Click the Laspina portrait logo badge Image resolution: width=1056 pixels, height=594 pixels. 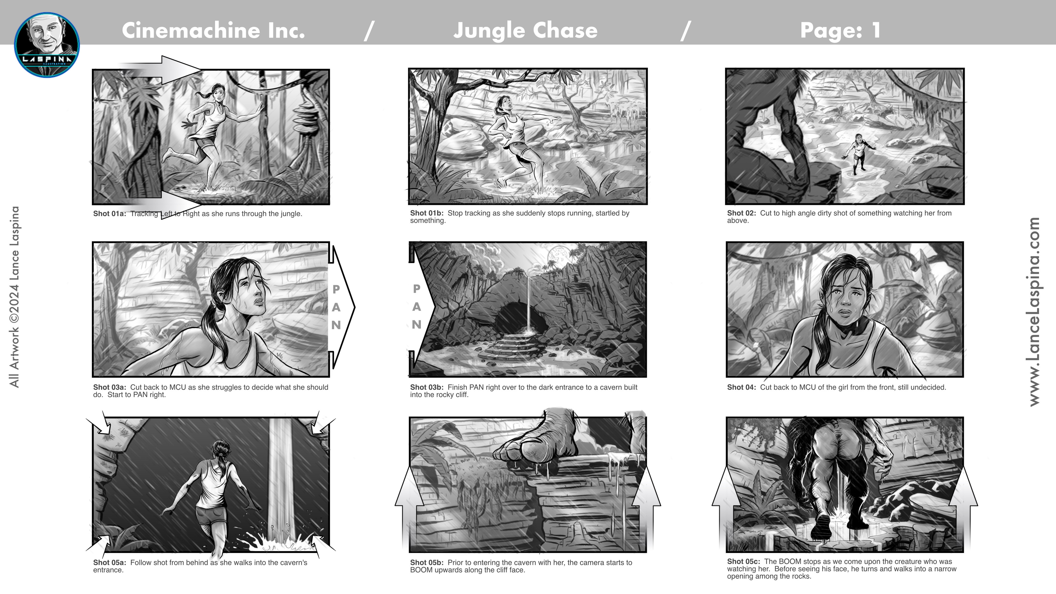[47, 45]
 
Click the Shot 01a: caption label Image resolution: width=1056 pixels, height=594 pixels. [109, 214]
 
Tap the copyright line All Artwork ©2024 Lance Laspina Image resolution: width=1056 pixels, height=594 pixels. [14, 297]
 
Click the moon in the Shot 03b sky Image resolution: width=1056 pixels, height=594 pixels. [560, 256]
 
